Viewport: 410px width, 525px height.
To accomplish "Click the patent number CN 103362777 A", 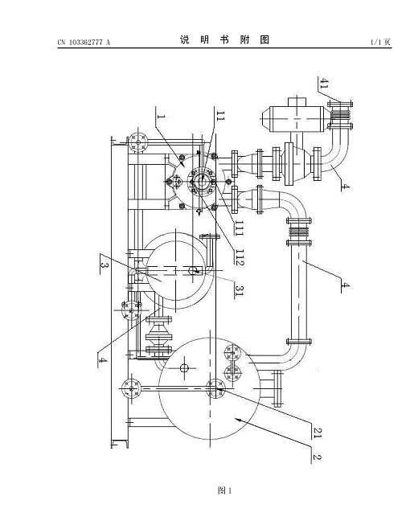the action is (84, 42).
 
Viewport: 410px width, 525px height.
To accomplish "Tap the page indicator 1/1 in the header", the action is (376, 42).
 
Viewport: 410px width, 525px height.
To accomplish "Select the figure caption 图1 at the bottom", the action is (224, 490).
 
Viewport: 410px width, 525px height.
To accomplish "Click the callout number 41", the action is (324, 83).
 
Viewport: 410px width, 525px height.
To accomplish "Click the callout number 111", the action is (239, 228).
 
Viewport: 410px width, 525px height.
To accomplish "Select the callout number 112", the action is (240, 257).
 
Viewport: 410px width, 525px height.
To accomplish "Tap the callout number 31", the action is (239, 290).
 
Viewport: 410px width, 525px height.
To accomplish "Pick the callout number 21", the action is (317, 433).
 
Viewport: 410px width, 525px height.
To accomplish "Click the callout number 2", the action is (317, 457).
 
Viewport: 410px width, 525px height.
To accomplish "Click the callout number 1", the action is (162, 117).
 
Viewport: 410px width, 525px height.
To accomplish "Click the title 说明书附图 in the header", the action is (224, 40).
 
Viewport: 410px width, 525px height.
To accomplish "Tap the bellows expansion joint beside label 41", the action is (340, 115).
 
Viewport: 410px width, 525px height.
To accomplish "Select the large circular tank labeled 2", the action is (209, 388).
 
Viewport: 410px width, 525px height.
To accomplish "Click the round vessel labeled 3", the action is (175, 270).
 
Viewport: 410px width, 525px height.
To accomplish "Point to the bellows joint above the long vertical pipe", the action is (299, 232).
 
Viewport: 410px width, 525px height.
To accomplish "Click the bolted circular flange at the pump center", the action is (201, 181).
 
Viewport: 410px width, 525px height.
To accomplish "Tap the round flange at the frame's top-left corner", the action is (138, 142).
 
